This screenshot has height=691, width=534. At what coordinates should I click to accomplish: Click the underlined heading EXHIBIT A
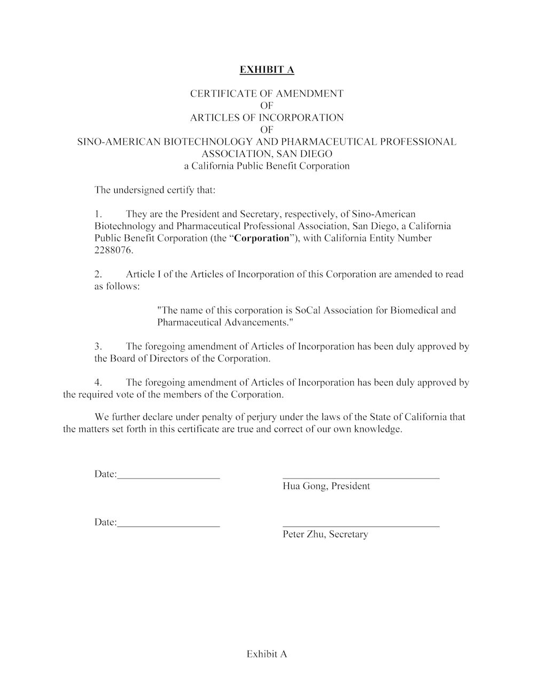266,69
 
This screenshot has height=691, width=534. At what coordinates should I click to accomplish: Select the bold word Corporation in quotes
262,238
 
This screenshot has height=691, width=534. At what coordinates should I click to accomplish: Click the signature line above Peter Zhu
360,526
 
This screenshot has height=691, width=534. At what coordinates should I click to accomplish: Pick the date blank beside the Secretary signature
168,526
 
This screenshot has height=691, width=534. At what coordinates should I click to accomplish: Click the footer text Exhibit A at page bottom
266,654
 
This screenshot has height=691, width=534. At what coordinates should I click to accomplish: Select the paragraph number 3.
98,346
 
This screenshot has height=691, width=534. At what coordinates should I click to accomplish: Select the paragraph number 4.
98,382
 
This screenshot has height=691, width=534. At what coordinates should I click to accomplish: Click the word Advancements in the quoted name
257,323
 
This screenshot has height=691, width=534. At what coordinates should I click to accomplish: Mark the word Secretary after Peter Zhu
348,534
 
